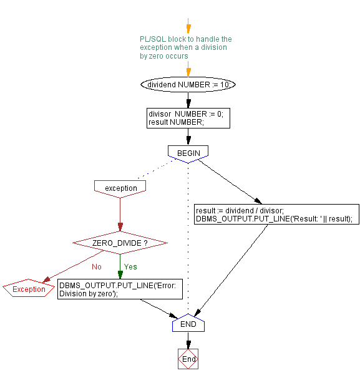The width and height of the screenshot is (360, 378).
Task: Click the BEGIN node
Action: click(188, 152)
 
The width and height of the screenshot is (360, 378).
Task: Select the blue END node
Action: click(188, 324)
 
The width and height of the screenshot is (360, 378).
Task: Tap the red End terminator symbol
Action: click(188, 359)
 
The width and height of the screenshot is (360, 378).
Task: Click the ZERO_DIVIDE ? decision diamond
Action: click(120, 243)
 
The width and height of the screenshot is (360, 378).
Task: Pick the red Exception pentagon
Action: click(29, 289)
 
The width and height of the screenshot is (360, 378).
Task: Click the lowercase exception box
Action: click(120, 188)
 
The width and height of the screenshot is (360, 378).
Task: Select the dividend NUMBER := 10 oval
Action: click(188, 84)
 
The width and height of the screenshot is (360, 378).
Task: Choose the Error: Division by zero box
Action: click(120, 289)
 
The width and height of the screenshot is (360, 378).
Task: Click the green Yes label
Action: click(130, 266)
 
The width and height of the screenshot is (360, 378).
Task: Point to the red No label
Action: click(97, 266)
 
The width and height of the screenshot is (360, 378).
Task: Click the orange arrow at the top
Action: click(188, 27)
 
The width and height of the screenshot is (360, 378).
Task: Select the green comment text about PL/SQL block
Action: click(185, 47)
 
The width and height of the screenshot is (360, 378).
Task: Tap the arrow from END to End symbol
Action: click(188, 341)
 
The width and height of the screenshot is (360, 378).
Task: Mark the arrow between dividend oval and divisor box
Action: click(188, 100)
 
